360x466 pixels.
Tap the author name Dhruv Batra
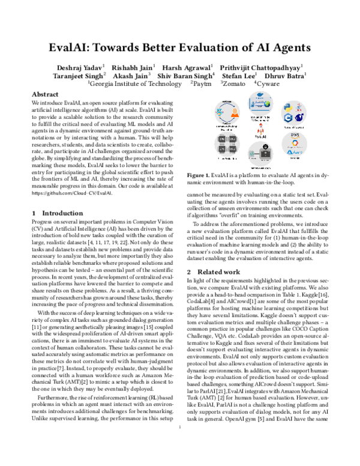point(284,76)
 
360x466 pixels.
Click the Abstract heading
point(44,95)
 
